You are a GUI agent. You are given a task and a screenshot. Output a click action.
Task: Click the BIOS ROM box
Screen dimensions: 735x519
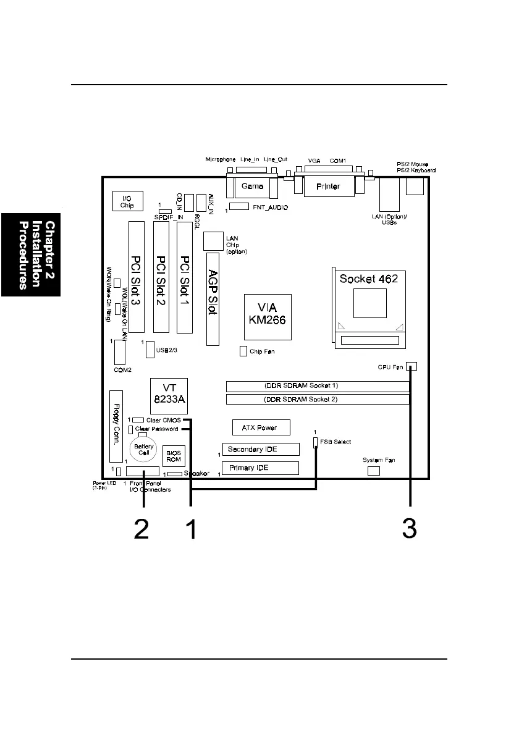click(x=174, y=456)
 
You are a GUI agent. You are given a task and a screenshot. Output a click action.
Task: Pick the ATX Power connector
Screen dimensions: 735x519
click(x=263, y=427)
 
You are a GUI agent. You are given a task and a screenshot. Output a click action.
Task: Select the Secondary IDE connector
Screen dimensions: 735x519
click(x=260, y=449)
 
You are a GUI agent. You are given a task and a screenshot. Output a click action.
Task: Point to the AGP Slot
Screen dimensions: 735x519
click(x=213, y=298)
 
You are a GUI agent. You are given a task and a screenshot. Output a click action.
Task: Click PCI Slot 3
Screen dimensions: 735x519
click(x=135, y=277)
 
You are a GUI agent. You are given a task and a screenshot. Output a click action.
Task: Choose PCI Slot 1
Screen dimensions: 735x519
click(x=184, y=277)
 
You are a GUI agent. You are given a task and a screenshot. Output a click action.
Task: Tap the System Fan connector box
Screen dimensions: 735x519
click(x=373, y=471)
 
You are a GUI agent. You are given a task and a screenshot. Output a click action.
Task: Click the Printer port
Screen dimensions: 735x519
click(x=327, y=186)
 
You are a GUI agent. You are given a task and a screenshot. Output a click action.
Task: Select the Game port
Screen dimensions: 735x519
click(x=252, y=186)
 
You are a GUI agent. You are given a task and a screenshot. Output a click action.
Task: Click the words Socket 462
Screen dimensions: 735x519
click(x=368, y=279)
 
